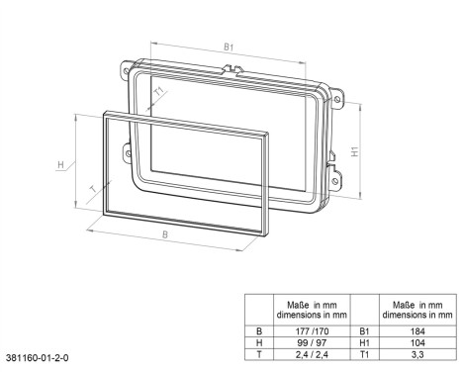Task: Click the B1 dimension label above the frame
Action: pos(229,46)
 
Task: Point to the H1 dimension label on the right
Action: pos(354,151)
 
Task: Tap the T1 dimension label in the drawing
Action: pos(159,91)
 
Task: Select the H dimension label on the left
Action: pos(60,164)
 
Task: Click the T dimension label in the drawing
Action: pos(94,190)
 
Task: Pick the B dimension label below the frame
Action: pos(165,234)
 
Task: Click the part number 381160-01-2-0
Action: pos(38,358)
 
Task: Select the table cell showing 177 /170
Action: pos(312,331)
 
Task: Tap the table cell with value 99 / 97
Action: pos(312,343)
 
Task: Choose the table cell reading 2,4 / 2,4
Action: pos(312,354)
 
